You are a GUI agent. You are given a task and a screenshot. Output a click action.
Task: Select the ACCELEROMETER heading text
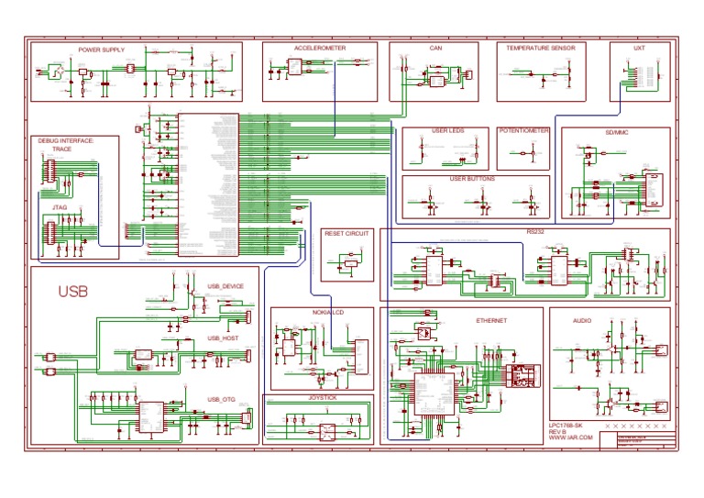point(320,47)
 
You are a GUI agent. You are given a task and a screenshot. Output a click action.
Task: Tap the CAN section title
point(435,47)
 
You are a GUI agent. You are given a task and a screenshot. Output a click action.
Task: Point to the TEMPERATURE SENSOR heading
point(540,47)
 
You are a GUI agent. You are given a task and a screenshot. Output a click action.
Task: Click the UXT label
point(639,47)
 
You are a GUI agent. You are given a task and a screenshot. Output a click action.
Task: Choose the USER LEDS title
point(447,131)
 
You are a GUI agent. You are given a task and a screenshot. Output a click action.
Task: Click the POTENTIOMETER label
point(524,131)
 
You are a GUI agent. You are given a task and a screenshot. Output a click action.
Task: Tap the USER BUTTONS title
point(472,179)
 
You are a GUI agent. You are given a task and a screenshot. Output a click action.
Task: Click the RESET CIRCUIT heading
point(347,234)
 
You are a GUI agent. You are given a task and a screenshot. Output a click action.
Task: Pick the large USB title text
point(74,293)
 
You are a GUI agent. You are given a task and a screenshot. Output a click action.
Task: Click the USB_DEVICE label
point(225,286)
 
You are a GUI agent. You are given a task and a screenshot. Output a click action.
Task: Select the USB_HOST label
point(223,338)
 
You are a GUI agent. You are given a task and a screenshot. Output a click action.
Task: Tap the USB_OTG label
point(221,400)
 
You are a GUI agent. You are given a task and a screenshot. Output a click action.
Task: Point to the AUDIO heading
point(582,322)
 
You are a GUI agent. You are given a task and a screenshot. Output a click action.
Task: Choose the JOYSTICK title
point(321,400)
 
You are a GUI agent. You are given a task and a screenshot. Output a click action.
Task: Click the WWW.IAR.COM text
point(570,439)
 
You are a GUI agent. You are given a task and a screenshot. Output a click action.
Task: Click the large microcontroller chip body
point(208,183)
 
